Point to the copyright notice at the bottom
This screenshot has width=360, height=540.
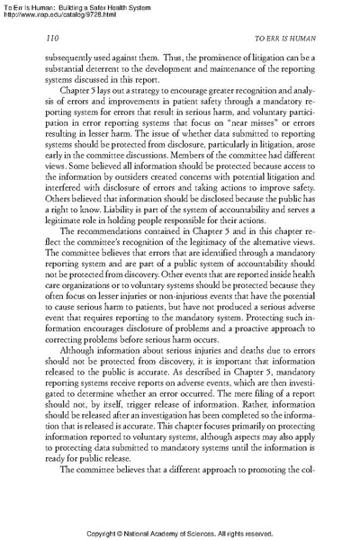(x=180, y=531)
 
